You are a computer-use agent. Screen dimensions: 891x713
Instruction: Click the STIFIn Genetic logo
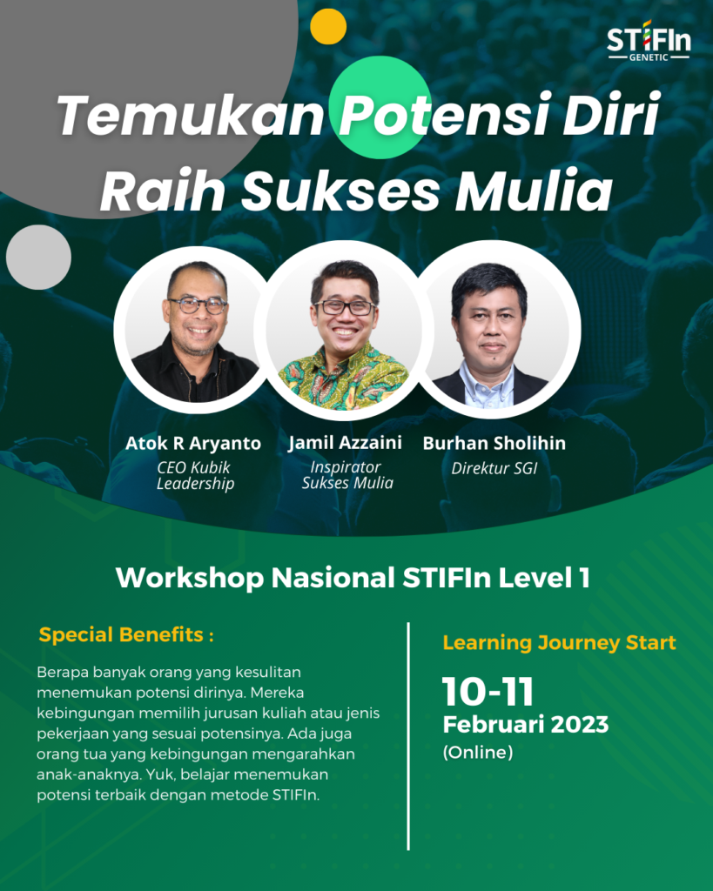tap(648, 41)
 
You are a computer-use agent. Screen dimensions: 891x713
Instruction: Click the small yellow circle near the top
tap(328, 26)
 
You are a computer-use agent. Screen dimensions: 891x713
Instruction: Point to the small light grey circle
tap(38, 258)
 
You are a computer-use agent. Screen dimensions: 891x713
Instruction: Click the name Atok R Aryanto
tap(193, 444)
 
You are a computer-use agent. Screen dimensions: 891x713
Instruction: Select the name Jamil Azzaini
tap(346, 443)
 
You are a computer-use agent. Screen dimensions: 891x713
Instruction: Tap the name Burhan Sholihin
tap(494, 444)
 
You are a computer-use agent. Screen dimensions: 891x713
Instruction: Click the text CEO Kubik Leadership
tap(194, 476)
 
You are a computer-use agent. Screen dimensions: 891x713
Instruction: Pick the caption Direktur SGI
tap(494, 468)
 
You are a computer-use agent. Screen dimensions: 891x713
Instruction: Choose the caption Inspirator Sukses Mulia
tap(346, 476)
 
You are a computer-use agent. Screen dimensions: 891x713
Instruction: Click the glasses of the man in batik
tap(345, 307)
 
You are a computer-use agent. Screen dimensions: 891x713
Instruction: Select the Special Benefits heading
tap(126, 635)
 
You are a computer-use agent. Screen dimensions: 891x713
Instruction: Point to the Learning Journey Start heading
tap(559, 644)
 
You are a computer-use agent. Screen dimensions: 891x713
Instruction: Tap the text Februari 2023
tap(525, 725)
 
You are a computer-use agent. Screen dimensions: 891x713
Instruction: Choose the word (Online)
tap(478, 753)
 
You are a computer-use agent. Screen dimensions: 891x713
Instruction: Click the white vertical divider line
tap(408, 735)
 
